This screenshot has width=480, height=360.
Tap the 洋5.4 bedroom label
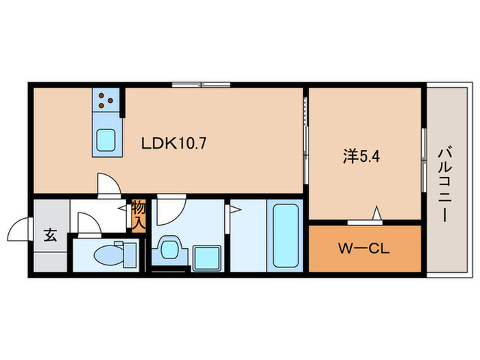(361, 157)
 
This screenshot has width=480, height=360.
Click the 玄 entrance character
(50, 235)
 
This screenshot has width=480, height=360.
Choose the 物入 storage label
(139, 214)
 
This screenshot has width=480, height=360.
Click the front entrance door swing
(22, 228)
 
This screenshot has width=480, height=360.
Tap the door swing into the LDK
(108, 183)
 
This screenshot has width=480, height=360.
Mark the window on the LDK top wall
(200, 85)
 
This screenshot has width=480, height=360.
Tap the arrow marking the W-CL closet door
(376, 213)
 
